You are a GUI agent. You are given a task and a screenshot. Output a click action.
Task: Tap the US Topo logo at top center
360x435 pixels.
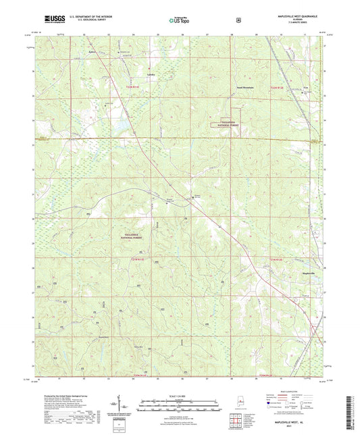(180, 20)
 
